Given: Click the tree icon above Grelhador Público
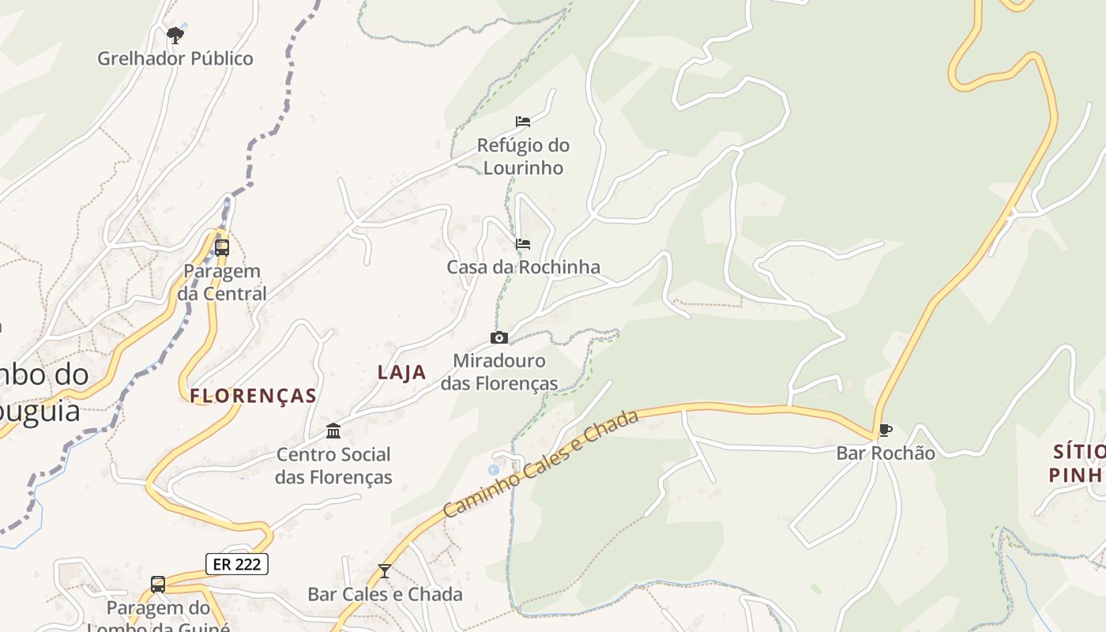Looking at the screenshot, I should tap(175, 35).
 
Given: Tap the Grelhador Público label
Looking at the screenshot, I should tap(175, 58).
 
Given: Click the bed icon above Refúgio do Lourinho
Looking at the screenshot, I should tap(523, 122).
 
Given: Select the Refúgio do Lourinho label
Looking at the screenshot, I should tap(523, 156).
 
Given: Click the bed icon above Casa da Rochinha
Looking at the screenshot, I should tap(523, 244).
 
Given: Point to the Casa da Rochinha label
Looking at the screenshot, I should tap(523, 267).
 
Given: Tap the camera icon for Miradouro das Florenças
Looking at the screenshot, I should tap(498, 338).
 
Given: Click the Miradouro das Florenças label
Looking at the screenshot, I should tap(499, 372).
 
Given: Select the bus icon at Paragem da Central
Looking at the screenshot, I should tap(222, 247).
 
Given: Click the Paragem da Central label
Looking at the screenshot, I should tap(222, 282).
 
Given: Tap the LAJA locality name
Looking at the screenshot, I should tap(401, 372).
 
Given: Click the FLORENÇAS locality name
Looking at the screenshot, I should tap(254, 396).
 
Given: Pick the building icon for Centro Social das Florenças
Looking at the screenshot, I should tap(333, 431).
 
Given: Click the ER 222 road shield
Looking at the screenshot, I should tap(237, 564).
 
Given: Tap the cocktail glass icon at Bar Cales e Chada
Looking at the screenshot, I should tap(385, 570).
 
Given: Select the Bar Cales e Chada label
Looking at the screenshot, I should tap(385, 594).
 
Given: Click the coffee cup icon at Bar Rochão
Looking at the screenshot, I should tap(886, 431).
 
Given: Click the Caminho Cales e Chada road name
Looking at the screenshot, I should tap(541, 464).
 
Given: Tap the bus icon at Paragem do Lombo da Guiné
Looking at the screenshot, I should tap(158, 585).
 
